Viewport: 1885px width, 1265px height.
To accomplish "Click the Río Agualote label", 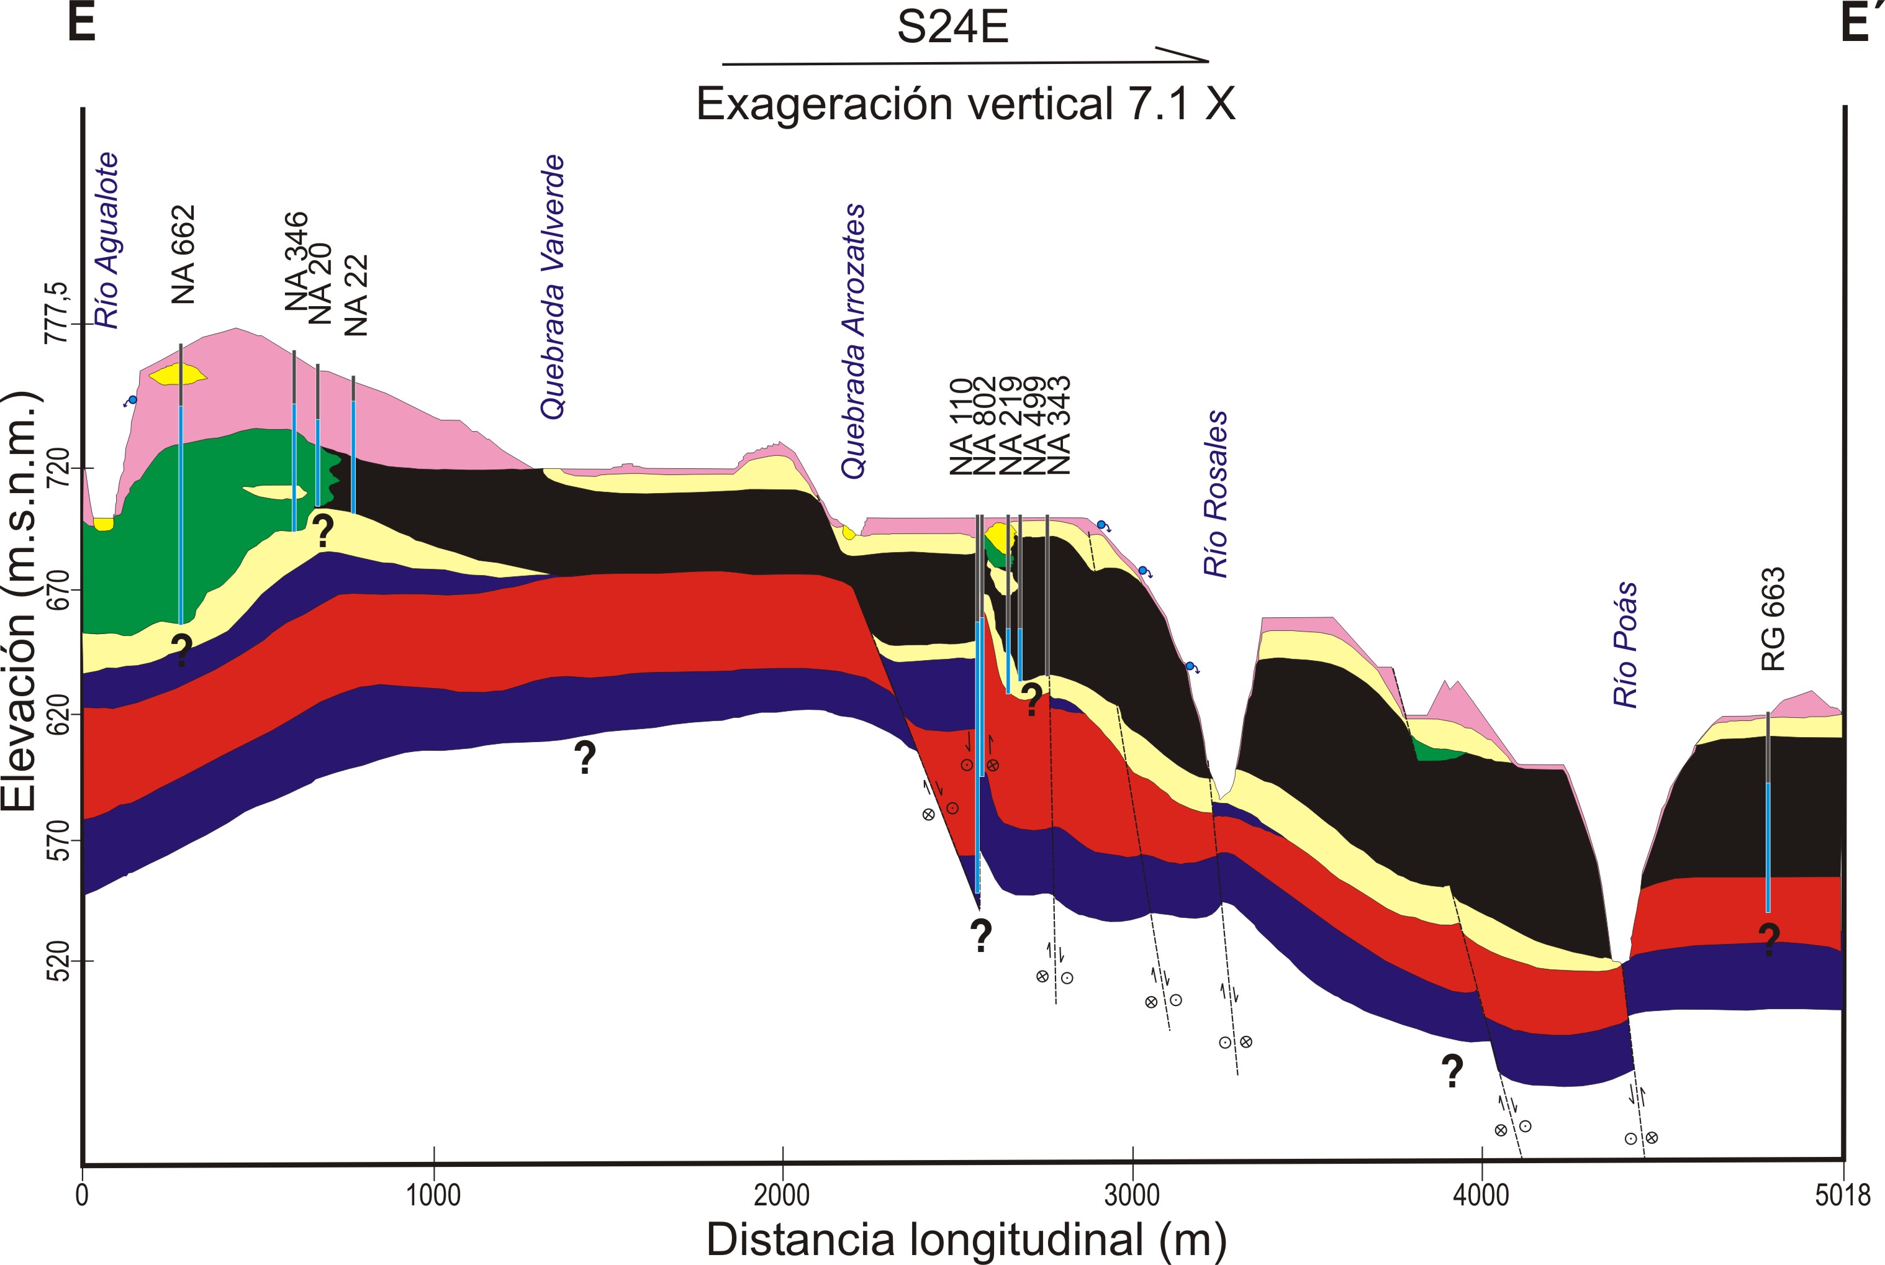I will [x=107, y=240].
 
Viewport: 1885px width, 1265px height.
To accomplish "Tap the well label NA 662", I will [x=184, y=254].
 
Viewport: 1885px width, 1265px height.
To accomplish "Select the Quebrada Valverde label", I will [x=553, y=286].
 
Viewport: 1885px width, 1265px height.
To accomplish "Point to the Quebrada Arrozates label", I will [x=853, y=342].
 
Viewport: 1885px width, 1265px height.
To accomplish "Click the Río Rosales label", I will [x=1216, y=494].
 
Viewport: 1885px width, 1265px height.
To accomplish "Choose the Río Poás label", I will [x=1626, y=645].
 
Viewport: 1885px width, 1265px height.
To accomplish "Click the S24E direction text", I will [x=952, y=27].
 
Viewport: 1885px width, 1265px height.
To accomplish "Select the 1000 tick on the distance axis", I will [x=433, y=1195].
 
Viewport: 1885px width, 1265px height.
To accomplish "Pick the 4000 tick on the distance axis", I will [x=1481, y=1195].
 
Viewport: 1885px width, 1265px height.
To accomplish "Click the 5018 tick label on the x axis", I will [x=1843, y=1195].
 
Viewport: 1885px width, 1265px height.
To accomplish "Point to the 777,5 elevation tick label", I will [x=57, y=313].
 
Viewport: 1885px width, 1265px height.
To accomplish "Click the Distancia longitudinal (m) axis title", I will [x=965, y=1240].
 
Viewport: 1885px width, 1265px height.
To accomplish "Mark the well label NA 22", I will [x=356, y=295].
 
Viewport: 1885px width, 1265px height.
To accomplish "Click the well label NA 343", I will [x=1058, y=425].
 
